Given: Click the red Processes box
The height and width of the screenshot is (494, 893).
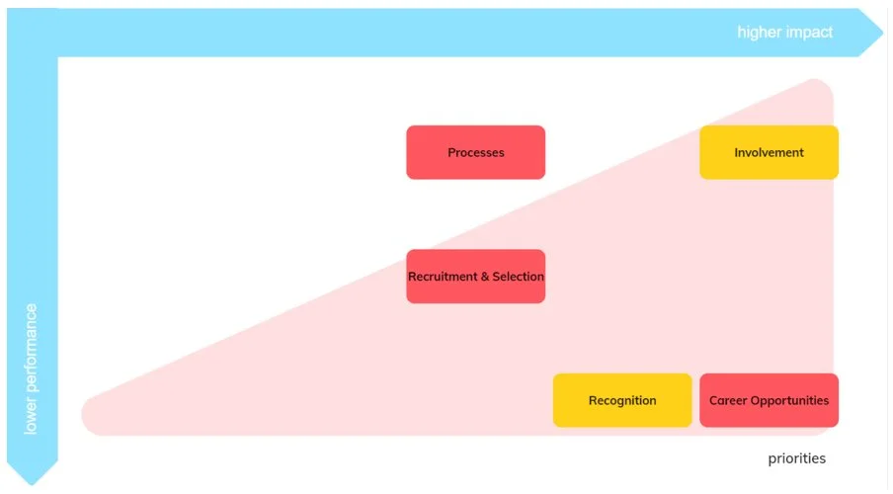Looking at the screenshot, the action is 475,152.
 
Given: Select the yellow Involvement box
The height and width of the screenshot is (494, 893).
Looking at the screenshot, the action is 769,152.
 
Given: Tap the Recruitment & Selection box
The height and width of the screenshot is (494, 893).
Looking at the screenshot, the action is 475,277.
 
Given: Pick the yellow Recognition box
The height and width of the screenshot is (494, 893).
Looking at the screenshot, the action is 621,400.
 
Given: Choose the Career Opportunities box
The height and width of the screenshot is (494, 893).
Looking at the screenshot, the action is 769,400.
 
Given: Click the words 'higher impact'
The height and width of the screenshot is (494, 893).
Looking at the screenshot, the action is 784,33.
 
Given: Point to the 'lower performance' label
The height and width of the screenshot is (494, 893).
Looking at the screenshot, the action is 32,369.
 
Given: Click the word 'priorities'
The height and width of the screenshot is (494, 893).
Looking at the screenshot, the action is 796,458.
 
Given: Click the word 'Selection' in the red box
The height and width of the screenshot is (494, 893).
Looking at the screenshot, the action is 518,277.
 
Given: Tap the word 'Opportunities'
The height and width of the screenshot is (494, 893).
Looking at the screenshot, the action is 789,400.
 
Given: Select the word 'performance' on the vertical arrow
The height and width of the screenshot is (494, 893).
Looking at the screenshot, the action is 32,352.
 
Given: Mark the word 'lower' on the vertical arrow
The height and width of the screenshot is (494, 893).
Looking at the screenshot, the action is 32,417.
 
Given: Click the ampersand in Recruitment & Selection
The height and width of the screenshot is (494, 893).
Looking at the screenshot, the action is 484,277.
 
